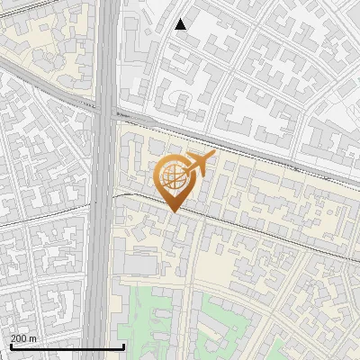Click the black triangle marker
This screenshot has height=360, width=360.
tap(181, 24)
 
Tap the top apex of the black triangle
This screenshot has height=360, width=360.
tap(181, 19)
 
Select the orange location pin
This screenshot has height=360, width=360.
tap(175, 180)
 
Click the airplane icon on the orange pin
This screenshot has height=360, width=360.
tap(200, 163)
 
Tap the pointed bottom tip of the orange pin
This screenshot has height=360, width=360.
tap(174, 212)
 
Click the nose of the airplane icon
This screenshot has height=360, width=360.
tap(214, 155)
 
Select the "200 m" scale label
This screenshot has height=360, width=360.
tap(24, 337)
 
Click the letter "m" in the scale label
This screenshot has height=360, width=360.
tap(34, 337)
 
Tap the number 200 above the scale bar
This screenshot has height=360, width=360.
tap(19, 337)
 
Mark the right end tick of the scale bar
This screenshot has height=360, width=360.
tap(123, 345)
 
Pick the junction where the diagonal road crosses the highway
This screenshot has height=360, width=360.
tap(106, 110)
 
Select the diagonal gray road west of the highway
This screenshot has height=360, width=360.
tap(45, 81)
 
